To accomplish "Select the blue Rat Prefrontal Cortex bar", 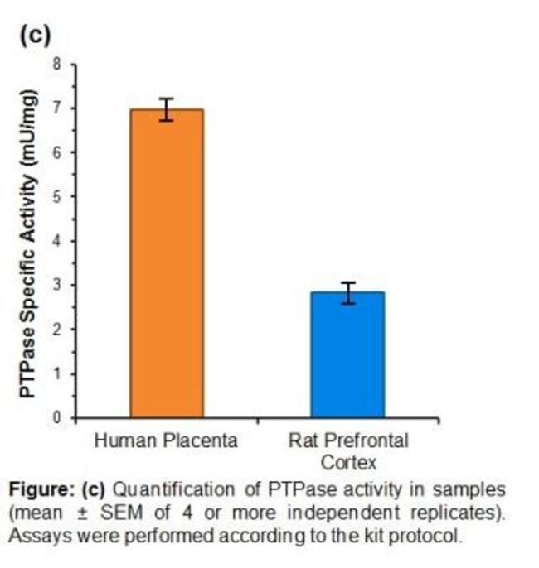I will tap(347, 356).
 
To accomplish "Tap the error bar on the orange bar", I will tap(167, 109).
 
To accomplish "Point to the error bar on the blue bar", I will tap(348, 292).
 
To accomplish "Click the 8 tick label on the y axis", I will tap(57, 64).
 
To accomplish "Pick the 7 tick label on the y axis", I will tap(57, 108).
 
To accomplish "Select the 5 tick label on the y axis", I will tap(57, 197).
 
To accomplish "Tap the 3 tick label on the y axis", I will tap(57, 286).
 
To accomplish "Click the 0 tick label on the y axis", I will tap(57, 418).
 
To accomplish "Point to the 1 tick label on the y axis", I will tap(57, 374).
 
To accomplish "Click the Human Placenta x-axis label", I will tap(166, 440).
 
